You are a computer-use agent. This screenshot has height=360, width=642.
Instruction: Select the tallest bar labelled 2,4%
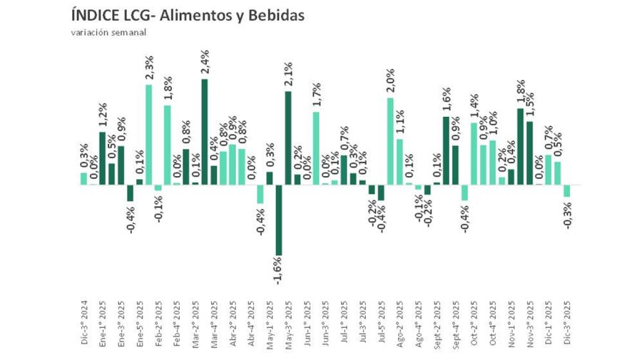(205, 131)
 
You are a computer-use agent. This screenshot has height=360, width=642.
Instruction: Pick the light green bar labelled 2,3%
(149, 135)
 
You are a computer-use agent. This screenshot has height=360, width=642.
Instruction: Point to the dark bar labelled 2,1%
(288, 138)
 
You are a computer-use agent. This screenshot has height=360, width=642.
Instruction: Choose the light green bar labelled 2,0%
(390, 141)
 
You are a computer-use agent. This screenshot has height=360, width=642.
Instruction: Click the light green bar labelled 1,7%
(316, 148)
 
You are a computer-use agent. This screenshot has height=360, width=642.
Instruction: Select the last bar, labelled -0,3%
(566, 191)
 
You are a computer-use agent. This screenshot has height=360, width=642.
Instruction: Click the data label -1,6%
(279, 270)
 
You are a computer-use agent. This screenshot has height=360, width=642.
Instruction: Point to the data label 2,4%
(205, 63)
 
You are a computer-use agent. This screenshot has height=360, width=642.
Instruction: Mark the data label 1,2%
(102, 117)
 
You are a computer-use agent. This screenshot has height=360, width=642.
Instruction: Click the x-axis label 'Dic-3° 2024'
(83, 322)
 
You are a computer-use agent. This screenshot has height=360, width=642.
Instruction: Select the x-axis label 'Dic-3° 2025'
(566, 322)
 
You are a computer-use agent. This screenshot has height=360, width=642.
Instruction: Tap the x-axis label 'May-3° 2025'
(288, 322)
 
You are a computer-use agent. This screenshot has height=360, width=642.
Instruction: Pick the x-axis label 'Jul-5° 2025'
(381, 322)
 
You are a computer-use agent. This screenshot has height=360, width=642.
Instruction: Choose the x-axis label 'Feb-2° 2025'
(158, 322)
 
